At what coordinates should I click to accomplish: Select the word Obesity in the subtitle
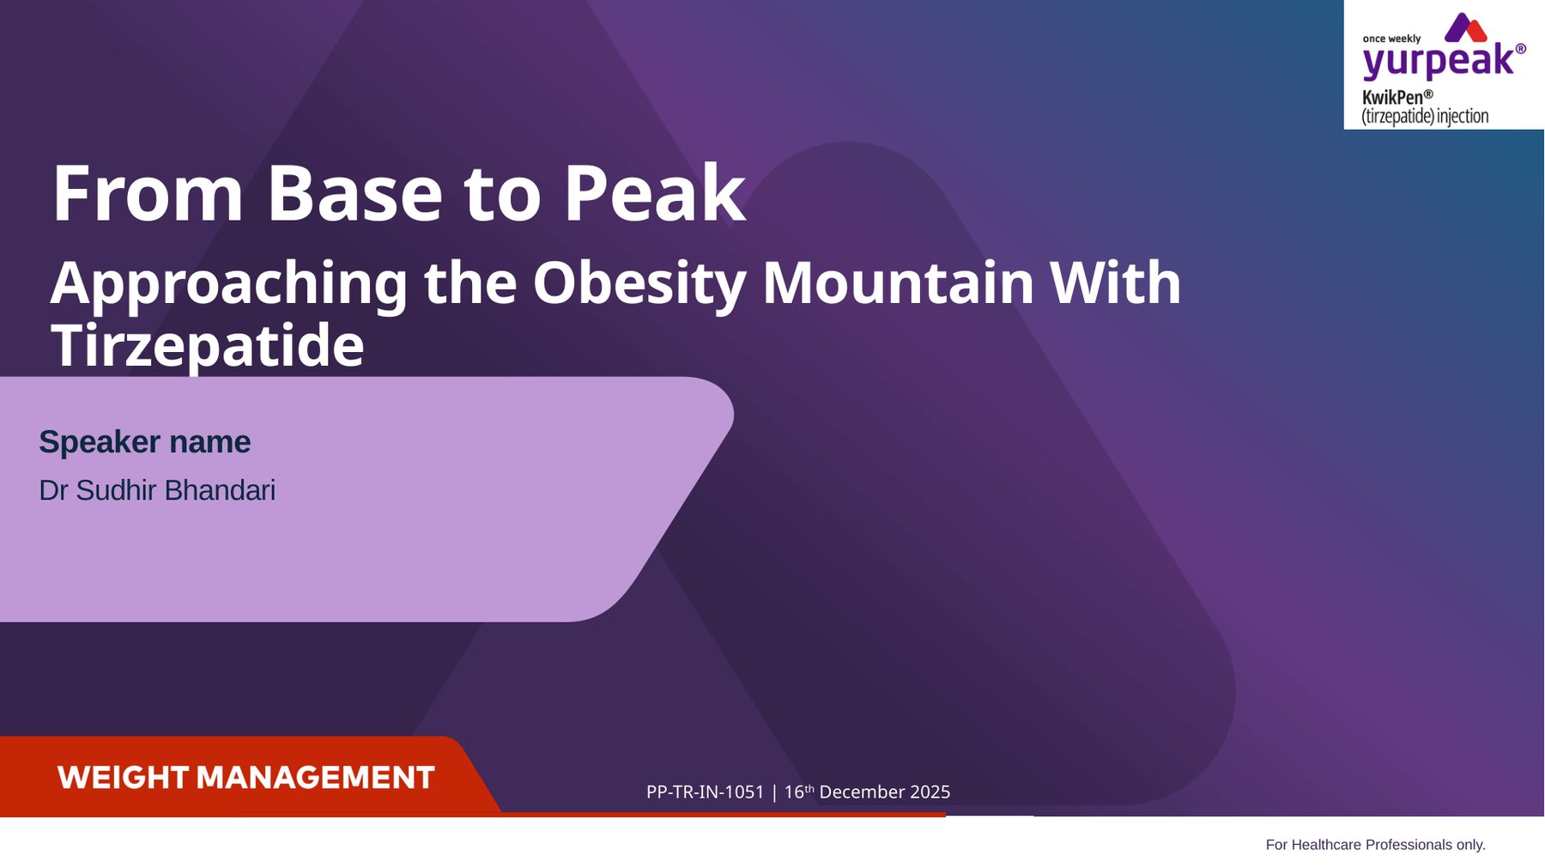[x=639, y=284]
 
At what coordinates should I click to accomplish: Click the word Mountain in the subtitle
[x=898, y=282]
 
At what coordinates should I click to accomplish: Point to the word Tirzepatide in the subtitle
[x=208, y=346]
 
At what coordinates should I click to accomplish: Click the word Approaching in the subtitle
[x=229, y=284]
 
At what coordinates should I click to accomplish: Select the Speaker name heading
[x=144, y=442]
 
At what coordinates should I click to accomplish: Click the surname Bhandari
[x=220, y=490]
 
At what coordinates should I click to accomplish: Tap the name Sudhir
[x=115, y=490]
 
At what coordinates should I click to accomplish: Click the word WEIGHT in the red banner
[x=123, y=778]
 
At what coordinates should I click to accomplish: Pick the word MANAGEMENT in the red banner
[x=316, y=778]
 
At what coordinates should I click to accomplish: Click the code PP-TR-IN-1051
[x=705, y=792]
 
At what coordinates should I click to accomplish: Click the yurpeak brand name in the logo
[x=1439, y=61]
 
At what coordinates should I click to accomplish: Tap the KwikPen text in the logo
[x=1393, y=97]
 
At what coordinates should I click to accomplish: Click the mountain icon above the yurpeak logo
[x=1466, y=27]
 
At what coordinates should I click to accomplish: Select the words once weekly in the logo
[x=1391, y=39]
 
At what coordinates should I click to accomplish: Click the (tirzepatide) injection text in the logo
[x=1425, y=116]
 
